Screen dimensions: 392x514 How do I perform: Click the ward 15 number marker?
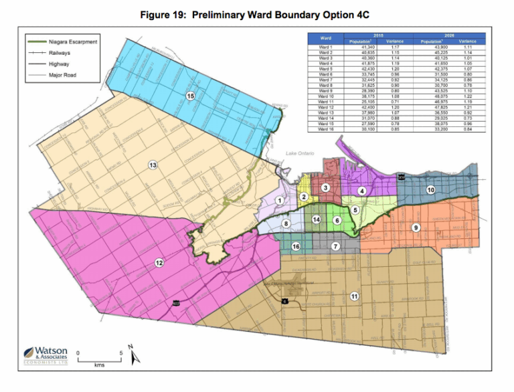point(191,96)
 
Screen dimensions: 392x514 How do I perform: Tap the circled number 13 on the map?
point(153,165)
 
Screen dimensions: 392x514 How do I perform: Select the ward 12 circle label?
point(159,263)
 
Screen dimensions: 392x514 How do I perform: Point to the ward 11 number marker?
point(353,295)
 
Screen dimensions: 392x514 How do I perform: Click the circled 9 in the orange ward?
point(416,228)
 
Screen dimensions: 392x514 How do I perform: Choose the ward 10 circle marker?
point(431,190)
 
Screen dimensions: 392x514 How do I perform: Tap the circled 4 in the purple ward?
point(361,191)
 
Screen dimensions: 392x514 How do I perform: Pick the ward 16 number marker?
point(296,247)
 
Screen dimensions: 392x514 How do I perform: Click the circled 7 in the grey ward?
point(335,246)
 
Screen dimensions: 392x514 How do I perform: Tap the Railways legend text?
point(61,53)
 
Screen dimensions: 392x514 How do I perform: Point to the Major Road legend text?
point(63,75)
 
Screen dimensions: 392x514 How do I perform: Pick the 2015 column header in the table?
point(377,35)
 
